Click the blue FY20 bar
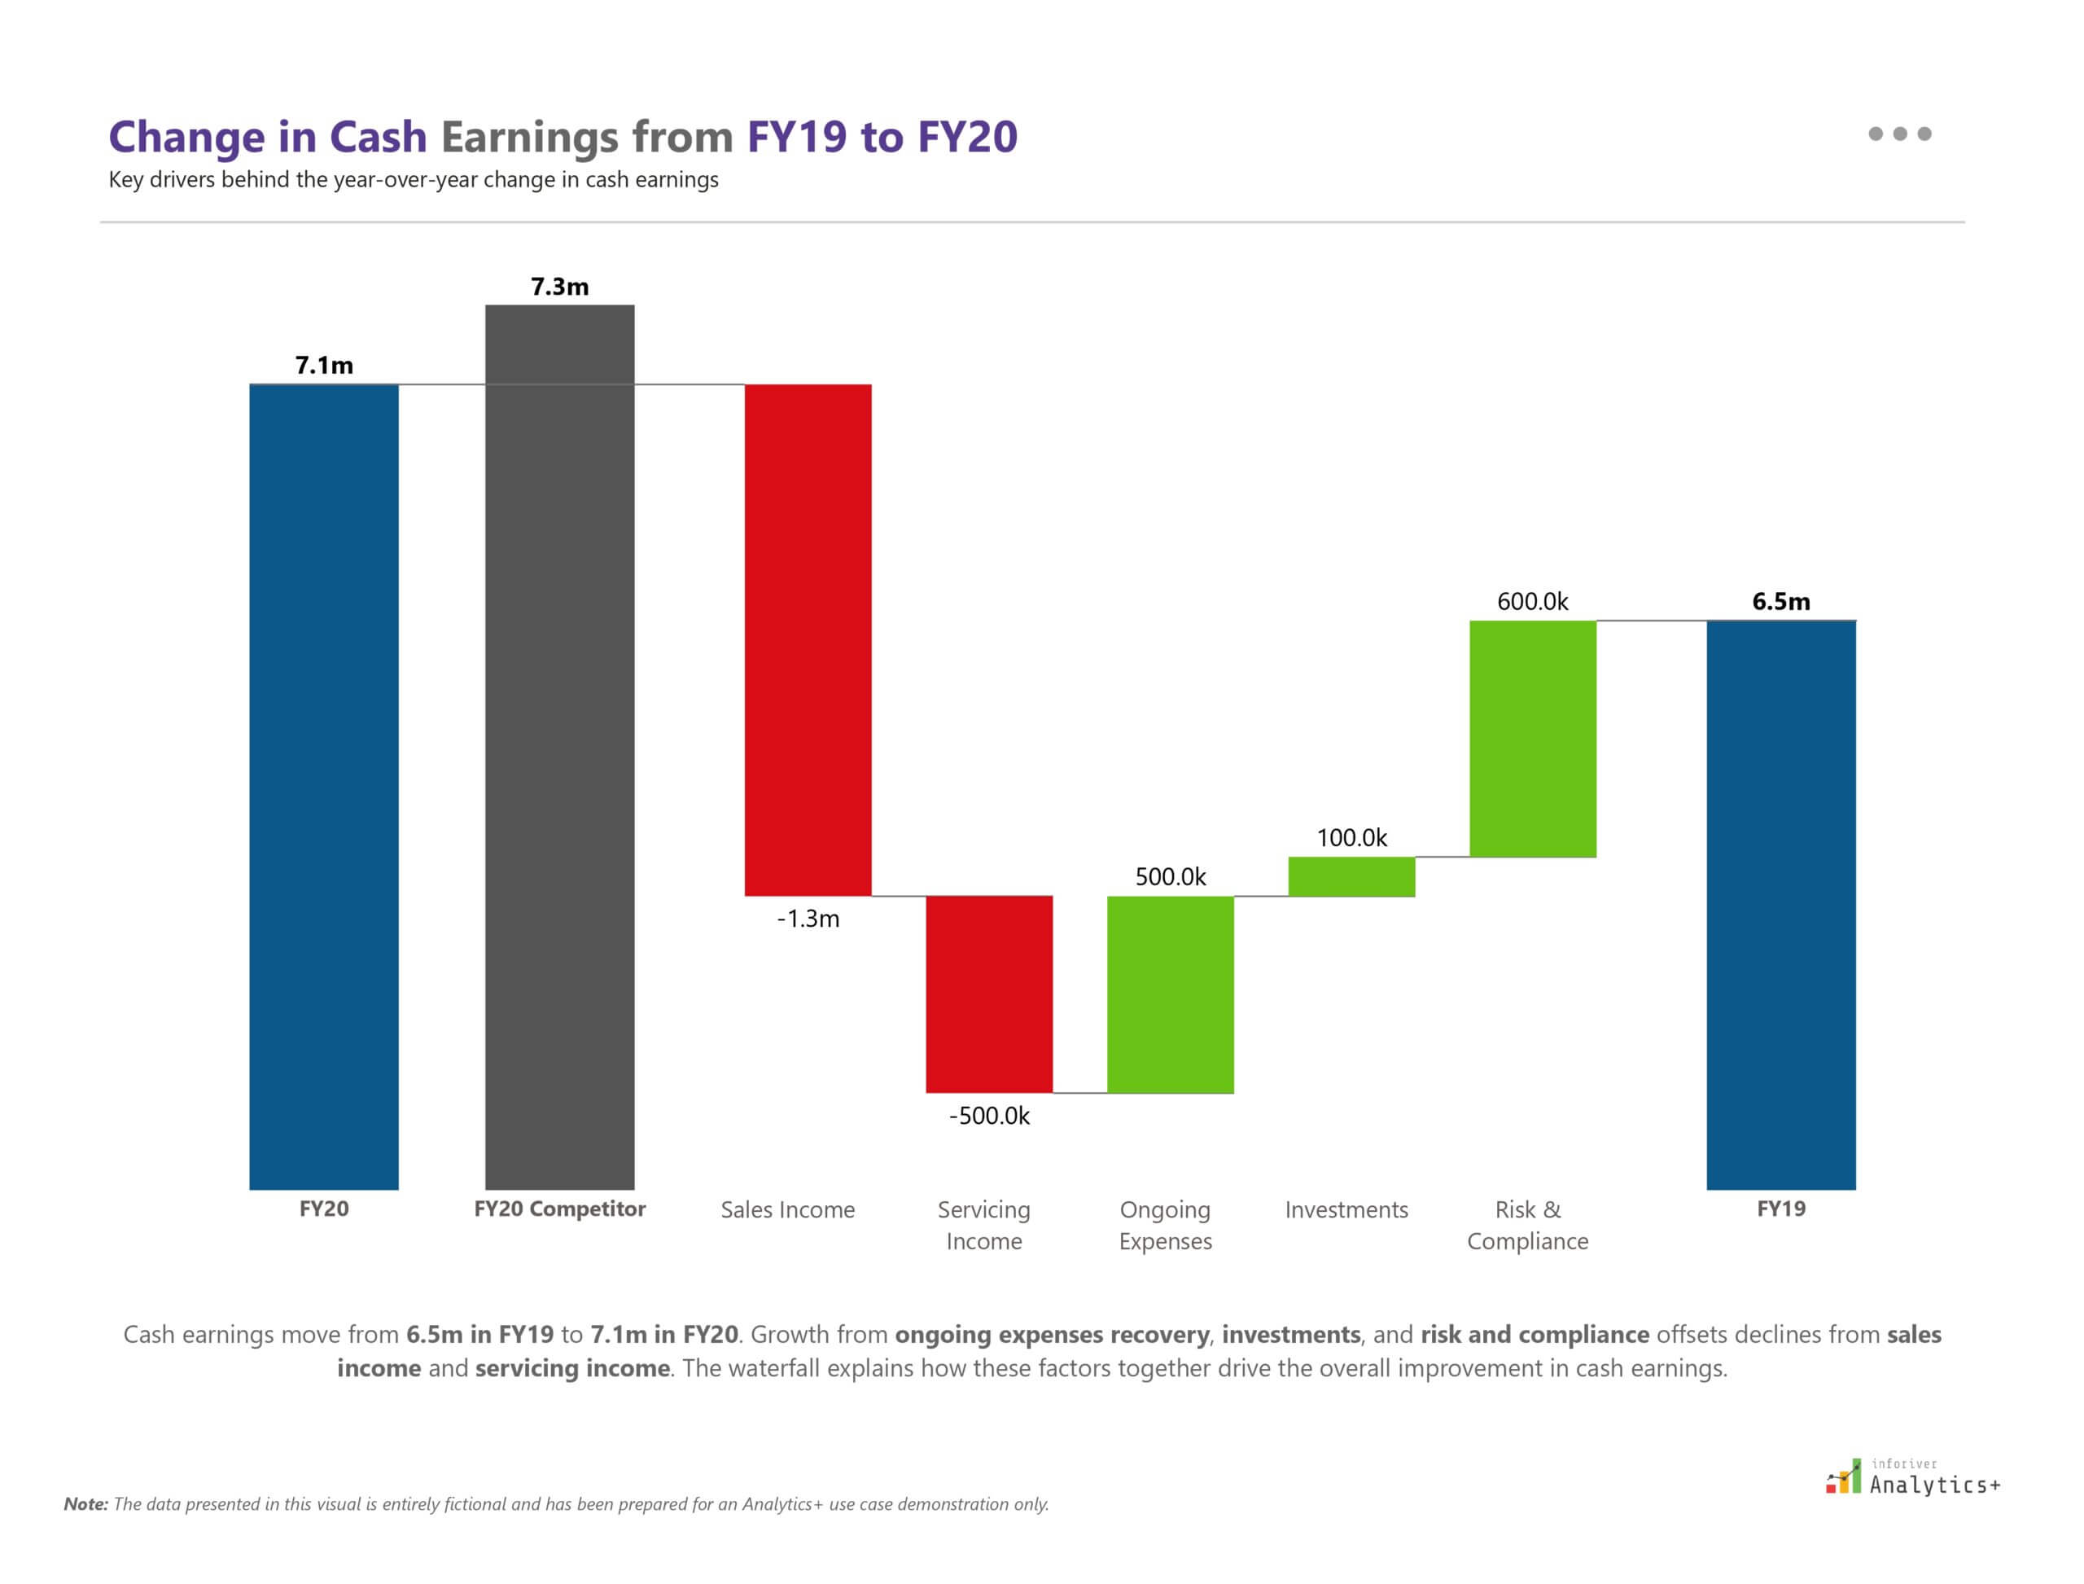(323, 787)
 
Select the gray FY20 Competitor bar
(559, 747)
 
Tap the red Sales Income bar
(808, 639)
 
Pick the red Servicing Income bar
(989, 994)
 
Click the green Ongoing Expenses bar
(1170, 994)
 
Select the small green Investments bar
(1351, 876)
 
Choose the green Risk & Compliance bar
(1532, 739)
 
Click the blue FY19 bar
(1780, 904)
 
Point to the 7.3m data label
(559, 287)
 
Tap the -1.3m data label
(808, 919)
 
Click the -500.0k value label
(989, 1116)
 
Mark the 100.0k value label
(1351, 837)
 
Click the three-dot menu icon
(1899, 134)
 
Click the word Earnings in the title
(529, 137)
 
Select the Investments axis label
(1346, 1209)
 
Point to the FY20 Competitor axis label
(559, 1209)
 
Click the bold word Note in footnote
(85, 1505)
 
